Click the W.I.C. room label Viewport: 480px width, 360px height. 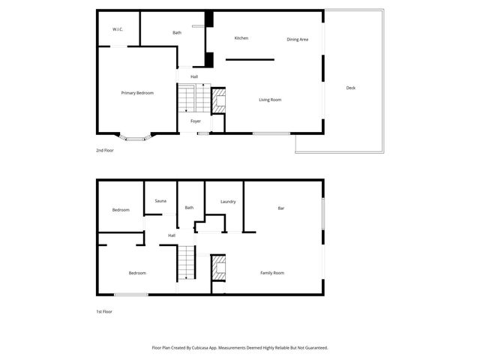tap(118, 29)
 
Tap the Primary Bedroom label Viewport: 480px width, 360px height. tap(137, 93)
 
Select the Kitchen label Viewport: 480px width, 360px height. tap(241, 38)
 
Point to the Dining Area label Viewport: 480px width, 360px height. tap(298, 39)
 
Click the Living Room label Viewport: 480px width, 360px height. tap(270, 100)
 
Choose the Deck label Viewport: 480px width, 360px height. tap(350, 88)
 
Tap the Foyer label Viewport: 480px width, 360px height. tap(195, 121)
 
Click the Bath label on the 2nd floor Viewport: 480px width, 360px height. tap(177, 33)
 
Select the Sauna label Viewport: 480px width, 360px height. tap(160, 201)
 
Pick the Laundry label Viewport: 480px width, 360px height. tap(228, 202)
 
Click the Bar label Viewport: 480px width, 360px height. tap(281, 208)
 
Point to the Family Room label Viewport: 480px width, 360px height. tap(271, 273)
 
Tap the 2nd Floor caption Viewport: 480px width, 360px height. tap(104, 151)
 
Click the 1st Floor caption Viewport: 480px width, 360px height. tap(103, 311)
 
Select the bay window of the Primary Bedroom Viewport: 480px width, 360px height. tap(136, 137)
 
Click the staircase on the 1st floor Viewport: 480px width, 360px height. tap(186, 265)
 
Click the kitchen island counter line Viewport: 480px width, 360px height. tap(250, 59)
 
